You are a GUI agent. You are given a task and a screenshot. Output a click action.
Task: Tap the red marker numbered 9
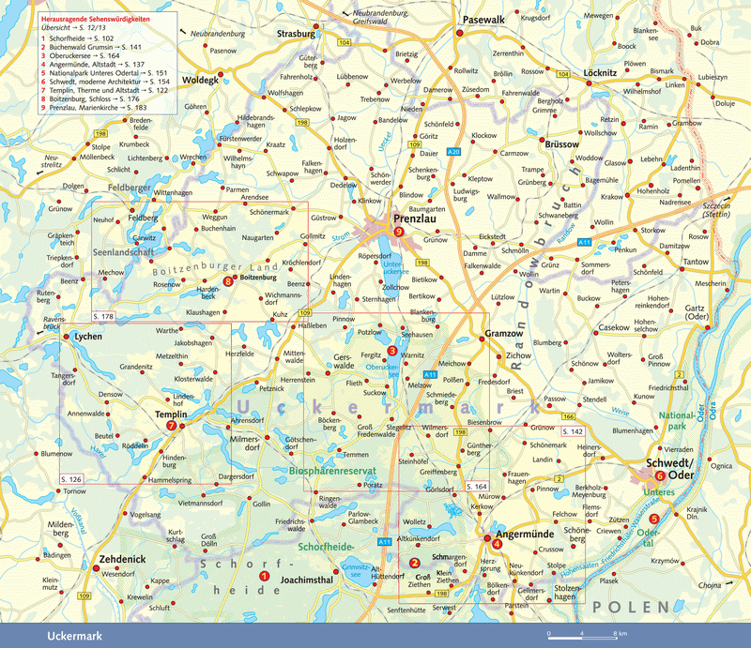click(x=399, y=232)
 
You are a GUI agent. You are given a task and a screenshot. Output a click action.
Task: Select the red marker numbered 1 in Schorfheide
click(x=264, y=576)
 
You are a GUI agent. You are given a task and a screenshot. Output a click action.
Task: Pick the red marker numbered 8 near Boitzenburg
click(x=227, y=279)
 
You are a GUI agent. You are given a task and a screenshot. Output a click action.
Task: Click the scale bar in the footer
click(x=583, y=639)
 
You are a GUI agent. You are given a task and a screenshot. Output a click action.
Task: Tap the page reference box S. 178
click(x=104, y=317)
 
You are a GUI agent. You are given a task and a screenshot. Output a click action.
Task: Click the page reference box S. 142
click(x=572, y=430)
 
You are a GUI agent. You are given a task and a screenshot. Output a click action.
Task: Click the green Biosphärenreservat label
click(x=333, y=474)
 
